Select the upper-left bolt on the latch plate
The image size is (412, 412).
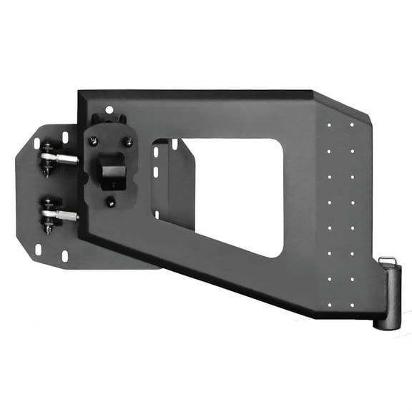[93, 141]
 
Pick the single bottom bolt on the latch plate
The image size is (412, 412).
[111, 202]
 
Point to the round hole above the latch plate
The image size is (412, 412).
[109, 110]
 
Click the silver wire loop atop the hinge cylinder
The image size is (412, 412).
[387, 260]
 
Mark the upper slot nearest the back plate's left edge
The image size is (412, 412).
[36, 143]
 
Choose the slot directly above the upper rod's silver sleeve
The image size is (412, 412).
[65, 136]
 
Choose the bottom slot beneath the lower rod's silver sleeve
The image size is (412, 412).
[65, 255]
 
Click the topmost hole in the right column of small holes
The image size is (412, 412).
[351, 124]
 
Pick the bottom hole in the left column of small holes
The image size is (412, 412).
[329, 305]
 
